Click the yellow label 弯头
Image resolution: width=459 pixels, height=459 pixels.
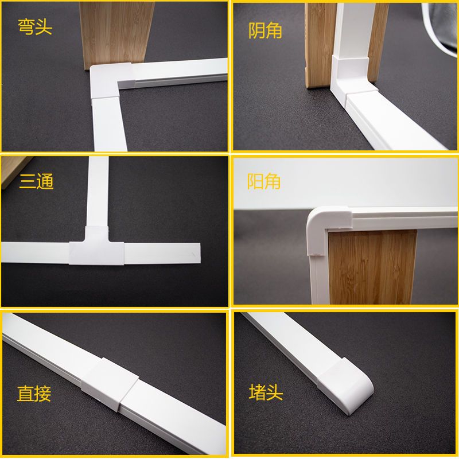35,27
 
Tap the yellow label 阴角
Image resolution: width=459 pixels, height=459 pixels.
265,30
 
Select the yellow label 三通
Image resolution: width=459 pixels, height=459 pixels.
36,181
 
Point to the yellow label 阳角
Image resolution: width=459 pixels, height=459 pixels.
264,181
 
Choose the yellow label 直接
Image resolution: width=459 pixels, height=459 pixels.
34,394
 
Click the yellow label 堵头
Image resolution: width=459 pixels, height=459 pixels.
266,392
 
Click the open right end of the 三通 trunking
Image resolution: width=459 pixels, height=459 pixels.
199,253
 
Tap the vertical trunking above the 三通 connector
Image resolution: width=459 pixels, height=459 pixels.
98,192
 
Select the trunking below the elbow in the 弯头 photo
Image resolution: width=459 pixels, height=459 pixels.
110,125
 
